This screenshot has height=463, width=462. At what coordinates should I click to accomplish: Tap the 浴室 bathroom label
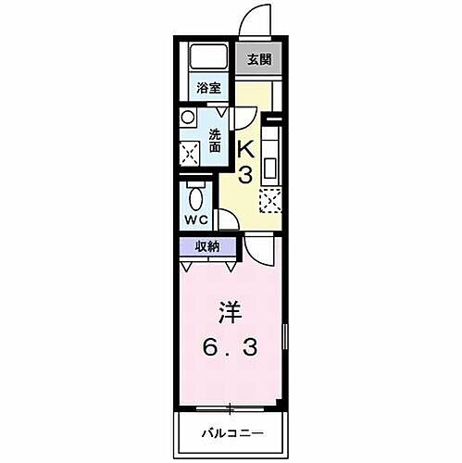click(x=207, y=89)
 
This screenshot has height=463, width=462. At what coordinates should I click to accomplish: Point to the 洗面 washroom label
click(x=215, y=139)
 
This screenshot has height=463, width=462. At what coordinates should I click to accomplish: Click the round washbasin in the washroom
click(x=189, y=119)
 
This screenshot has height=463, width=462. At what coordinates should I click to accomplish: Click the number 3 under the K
click(x=247, y=175)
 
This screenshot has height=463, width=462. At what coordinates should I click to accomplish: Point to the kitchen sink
click(x=271, y=168)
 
